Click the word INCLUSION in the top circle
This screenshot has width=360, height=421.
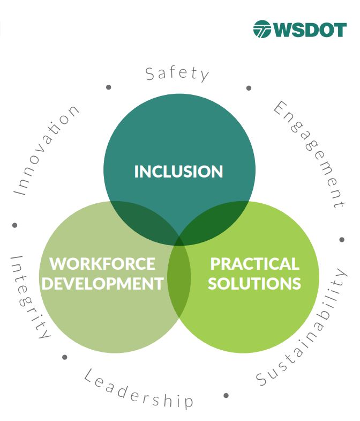tap(178, 171)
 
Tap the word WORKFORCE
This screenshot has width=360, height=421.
tap(102, 264)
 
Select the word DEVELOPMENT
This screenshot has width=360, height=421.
tap(103, 283)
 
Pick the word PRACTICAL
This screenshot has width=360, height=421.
tap(254, 264)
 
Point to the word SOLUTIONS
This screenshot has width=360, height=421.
tap(254, 283)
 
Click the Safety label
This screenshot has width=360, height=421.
tap(177, 74)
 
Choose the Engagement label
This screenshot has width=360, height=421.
tap(309, 154)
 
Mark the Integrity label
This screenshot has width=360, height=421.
tap(30, 297)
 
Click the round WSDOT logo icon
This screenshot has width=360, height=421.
tap(262, 29)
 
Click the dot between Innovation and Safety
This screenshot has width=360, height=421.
tap(109, 87)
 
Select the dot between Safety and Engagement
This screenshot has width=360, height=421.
tap(249, 88)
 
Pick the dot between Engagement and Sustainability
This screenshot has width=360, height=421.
tap(342, 240)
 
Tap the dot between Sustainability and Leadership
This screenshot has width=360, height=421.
tap(226, 395)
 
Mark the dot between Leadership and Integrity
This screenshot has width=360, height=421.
tap(65, 357)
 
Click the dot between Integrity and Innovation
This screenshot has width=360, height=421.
tap(15, 225)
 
